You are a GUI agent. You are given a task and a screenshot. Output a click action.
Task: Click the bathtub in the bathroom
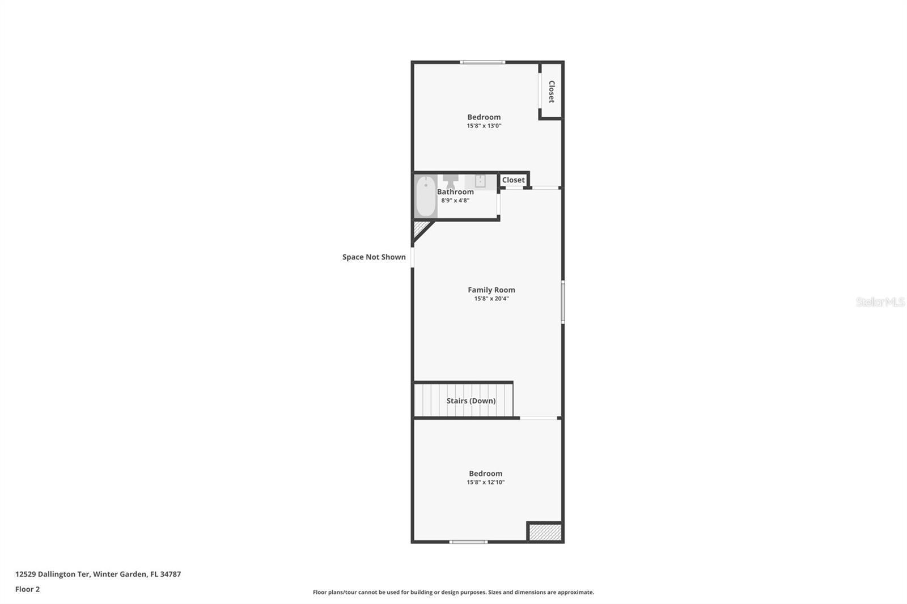[426, 196]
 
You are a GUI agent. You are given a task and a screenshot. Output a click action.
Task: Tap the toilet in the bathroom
[451, 181]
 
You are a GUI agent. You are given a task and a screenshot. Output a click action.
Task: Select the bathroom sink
[480, 181]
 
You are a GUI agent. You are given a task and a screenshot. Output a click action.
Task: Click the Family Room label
[491, 290]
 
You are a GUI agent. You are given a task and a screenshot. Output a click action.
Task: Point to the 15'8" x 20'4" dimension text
[491, 299]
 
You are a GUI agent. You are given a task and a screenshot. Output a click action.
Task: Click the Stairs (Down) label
[471, 401]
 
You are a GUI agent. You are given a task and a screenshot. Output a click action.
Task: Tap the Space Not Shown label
[374, 257]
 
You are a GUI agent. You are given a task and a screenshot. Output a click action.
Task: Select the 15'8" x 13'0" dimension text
[484, 126]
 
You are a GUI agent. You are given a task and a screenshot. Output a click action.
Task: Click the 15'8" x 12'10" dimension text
[486, 482]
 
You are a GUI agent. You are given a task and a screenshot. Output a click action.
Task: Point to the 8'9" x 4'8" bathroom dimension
[455, 200]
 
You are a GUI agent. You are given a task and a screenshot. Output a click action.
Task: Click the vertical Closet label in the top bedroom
[551, 91]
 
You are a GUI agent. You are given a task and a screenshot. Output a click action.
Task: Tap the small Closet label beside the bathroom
[514, 180]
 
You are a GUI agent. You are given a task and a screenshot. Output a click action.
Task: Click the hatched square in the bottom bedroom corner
[545, 532]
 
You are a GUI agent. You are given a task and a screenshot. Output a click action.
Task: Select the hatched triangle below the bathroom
[420, 228]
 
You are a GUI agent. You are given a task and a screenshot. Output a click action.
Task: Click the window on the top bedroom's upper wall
[482, 62]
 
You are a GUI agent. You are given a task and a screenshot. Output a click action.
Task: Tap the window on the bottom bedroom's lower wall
[468, 542]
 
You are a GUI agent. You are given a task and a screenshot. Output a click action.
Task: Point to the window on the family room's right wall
[563, 303]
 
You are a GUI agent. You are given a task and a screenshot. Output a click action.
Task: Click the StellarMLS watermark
[880, 302]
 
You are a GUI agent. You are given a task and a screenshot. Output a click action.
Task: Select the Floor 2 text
[27, 589]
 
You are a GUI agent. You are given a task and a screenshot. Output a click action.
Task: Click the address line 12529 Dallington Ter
[98, 574]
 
